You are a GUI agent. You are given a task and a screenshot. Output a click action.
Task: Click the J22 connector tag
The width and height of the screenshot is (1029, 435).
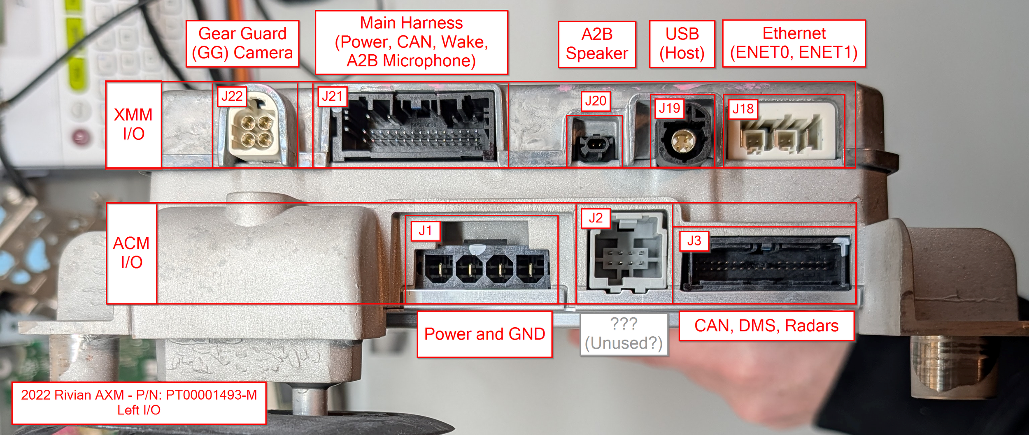(x=232, y=97)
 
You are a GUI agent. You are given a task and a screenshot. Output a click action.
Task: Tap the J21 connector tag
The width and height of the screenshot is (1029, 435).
(x=332, y=97)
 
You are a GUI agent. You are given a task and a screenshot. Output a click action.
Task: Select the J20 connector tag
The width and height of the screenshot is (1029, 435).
(x=596, y=101)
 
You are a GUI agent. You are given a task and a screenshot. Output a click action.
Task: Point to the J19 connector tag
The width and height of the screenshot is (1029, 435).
(x=669, y=109)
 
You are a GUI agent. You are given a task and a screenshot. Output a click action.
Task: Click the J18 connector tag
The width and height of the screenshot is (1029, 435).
(x=743, y=109)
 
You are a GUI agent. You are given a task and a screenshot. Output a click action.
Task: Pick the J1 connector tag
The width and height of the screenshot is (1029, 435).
(x=426, y=231)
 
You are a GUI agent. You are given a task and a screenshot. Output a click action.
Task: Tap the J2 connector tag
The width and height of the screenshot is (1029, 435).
(x=596, y=218)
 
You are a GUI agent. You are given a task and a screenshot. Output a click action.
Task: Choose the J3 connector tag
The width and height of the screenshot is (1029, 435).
(x=694, y=241)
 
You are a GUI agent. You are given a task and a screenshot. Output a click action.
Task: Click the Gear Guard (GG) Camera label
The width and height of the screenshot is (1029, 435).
(x=242, y=44)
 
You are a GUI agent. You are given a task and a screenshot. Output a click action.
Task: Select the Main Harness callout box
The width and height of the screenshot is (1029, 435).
(x=411, y=42)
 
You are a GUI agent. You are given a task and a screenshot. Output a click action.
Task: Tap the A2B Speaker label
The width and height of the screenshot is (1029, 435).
(x=597, y=44)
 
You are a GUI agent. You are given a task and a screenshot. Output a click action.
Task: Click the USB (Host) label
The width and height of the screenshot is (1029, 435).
(x=682, y=44)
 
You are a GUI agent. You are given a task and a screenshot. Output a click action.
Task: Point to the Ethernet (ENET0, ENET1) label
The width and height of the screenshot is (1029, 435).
(x=794, y=43)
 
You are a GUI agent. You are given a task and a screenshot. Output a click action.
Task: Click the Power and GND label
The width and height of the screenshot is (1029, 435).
(x=484, y=334)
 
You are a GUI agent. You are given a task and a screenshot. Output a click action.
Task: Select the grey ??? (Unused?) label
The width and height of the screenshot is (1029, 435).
(x=624, y=334)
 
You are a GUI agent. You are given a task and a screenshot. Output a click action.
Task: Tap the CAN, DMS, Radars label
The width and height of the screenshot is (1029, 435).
(x=766, y=326)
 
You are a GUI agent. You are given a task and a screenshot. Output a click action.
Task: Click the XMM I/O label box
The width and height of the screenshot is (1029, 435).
(x=133, y=125)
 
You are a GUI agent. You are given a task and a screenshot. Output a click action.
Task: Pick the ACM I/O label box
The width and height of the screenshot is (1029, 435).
(x=132, y=253)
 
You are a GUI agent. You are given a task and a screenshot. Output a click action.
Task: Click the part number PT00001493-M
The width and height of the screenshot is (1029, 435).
(x=211, y=395)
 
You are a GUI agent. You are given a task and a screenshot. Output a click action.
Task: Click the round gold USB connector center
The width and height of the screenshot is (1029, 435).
(x=680, y=141)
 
